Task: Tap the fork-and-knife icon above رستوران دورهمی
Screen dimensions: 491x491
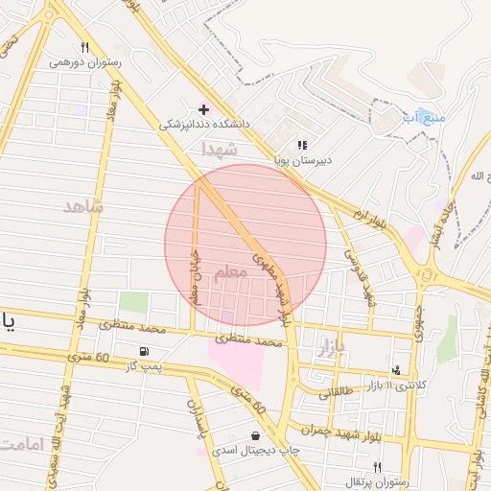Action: [x=84, y=47]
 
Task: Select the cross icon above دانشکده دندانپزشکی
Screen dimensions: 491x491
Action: [x=203, y=109]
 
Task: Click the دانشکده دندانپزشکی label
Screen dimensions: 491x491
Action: [x=200, y=124]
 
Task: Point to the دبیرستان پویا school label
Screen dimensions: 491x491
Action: [x=302, y=160]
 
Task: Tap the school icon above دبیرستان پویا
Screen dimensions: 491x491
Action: [x=302, y=146]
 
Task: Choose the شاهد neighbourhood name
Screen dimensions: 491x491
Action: [x=83, y=206]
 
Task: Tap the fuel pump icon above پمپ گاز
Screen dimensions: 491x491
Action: [x=144, y=351]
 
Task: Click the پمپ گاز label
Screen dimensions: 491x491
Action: [x=147, y=365]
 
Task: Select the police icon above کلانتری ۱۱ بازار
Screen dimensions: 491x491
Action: [x=396, y=370]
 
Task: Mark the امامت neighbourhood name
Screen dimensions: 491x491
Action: [x=25, y=445]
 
